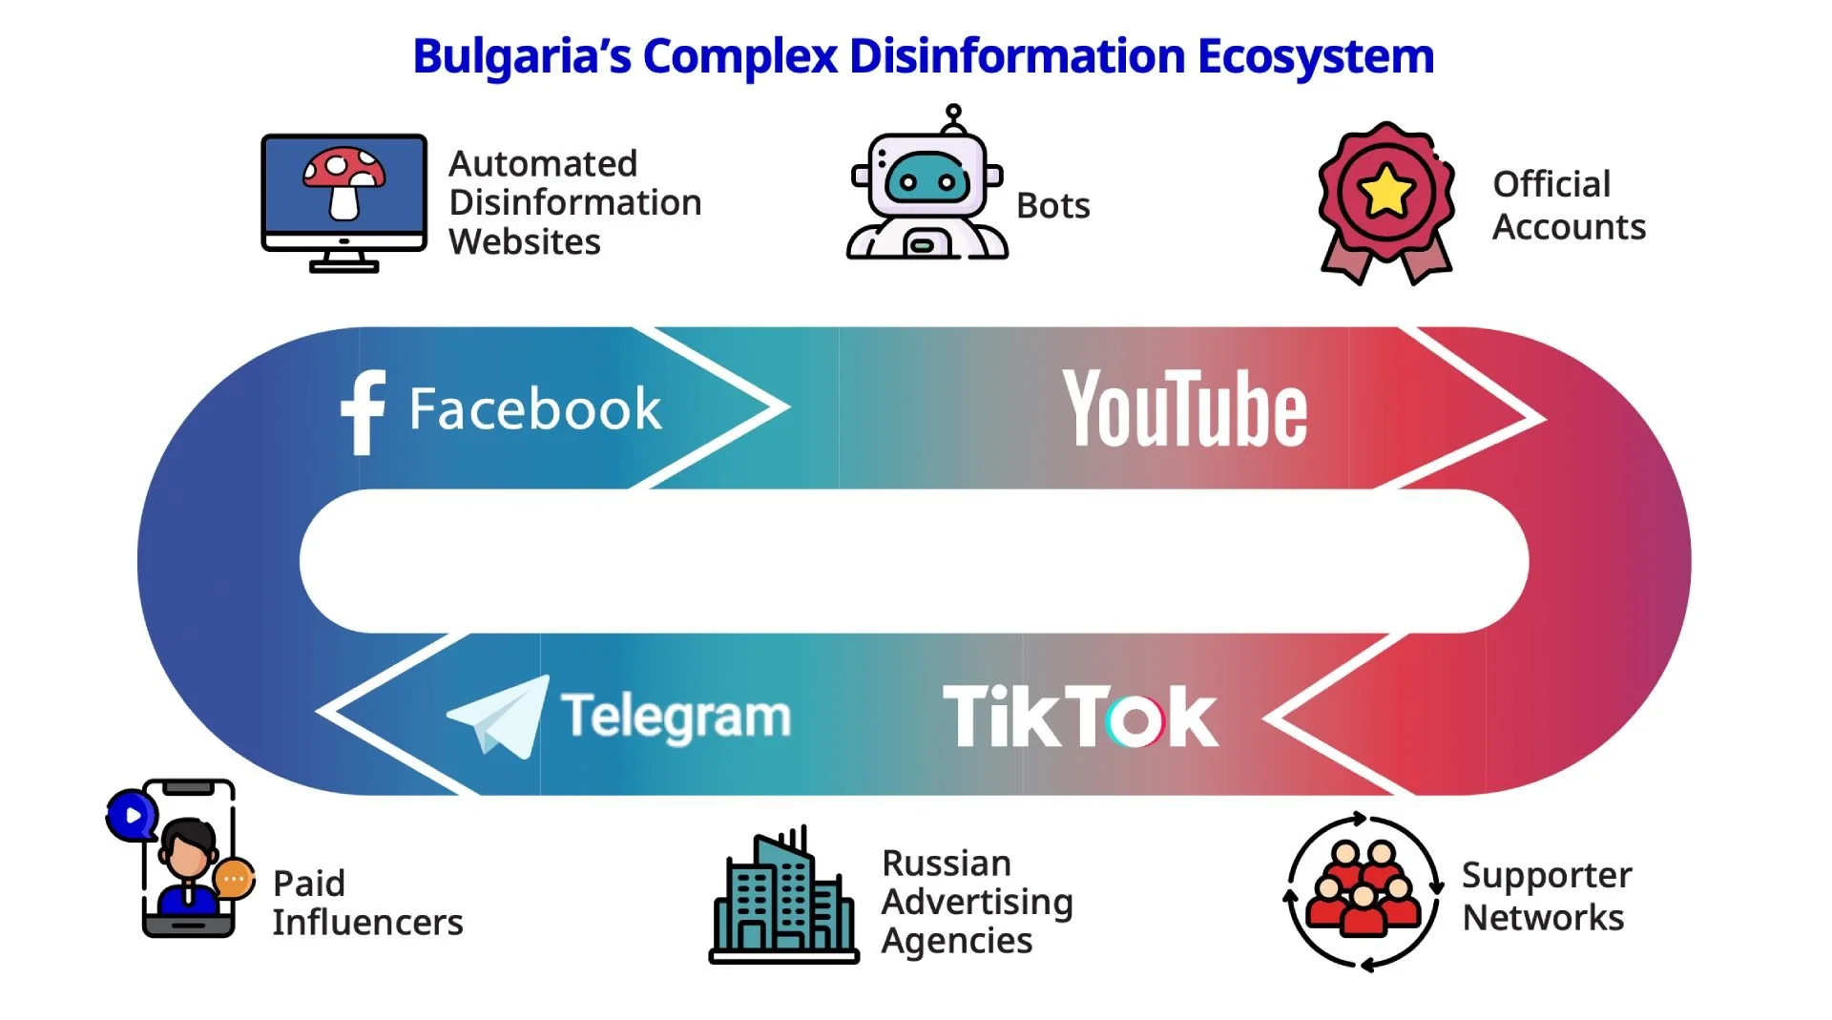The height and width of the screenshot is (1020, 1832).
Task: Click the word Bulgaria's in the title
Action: [521, 56]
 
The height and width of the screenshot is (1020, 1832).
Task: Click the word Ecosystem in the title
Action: [1316, 56]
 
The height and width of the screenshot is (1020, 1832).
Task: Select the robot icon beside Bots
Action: [926, 187]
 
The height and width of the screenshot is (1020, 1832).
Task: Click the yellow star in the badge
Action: [1385, 191]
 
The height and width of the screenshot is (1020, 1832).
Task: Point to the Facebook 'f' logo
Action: [364, 411]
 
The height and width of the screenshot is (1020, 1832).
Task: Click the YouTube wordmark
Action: [1185, 410]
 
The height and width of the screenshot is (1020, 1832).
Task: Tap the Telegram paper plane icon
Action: [499, 717]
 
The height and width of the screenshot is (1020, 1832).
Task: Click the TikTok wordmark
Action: [1079, 717]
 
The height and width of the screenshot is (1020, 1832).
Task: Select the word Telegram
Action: [676, 717]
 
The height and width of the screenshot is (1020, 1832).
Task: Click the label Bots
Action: [1052, 206]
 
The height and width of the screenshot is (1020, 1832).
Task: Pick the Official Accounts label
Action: [1568, 206]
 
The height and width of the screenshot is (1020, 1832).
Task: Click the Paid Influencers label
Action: [367, 903]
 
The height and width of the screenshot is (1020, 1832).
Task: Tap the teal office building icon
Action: [783, 897]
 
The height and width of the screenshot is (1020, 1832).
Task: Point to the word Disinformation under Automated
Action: [575, 203]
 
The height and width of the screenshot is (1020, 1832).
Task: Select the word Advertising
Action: [977, 902]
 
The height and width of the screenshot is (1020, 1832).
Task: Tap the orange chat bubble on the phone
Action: [234, 879]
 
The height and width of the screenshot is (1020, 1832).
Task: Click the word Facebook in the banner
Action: [535, 410]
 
